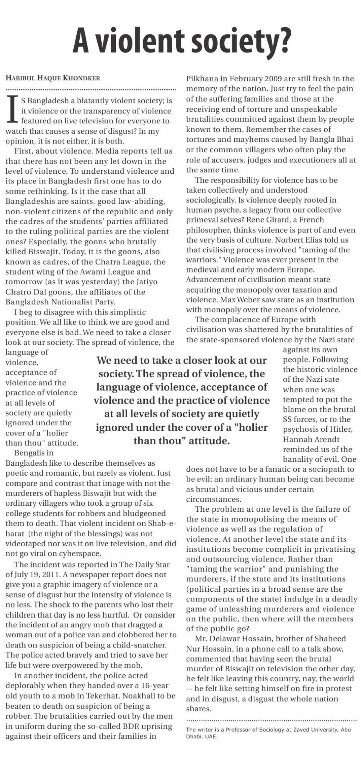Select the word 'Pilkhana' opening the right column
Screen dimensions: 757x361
[202, 79]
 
